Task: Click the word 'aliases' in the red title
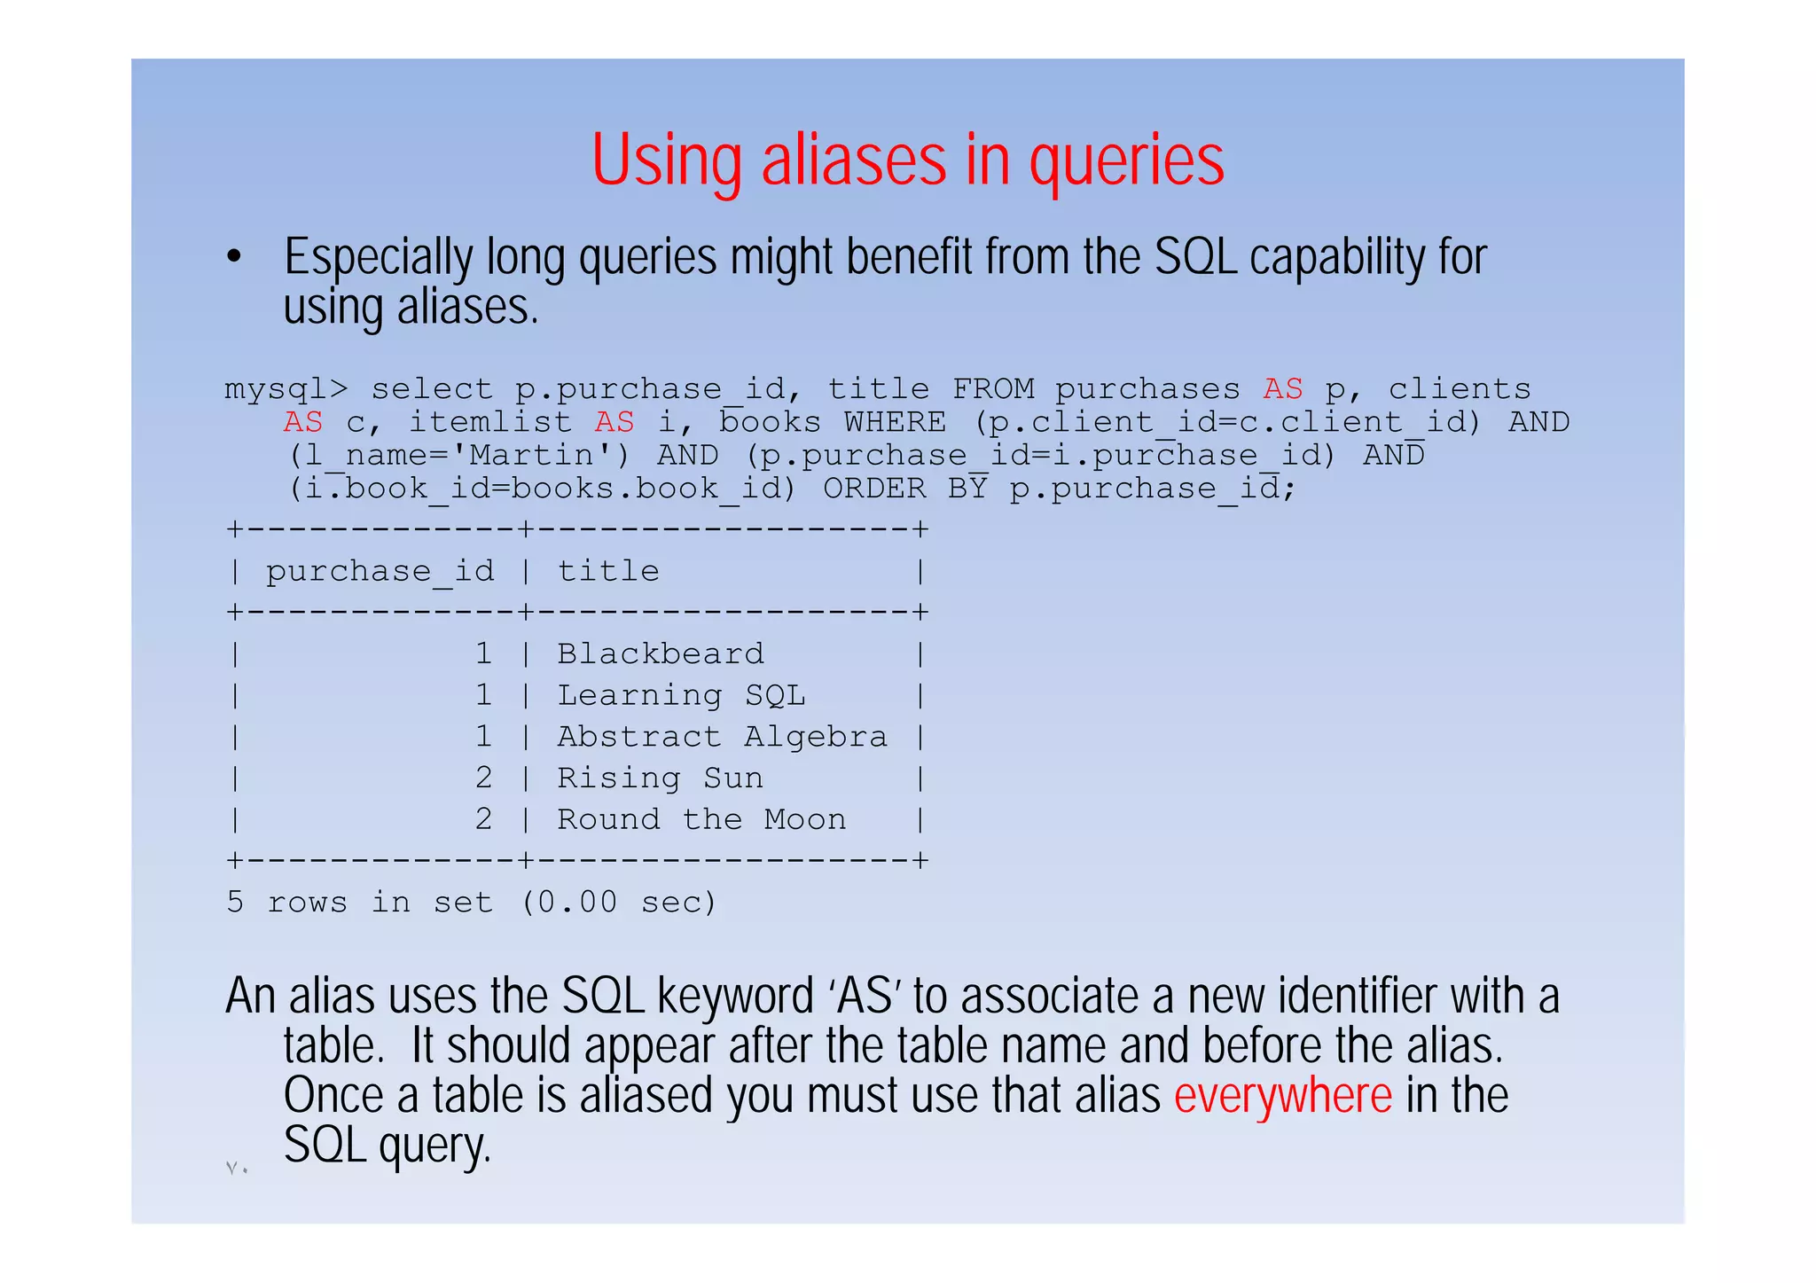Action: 853,160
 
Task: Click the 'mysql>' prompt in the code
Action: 286,389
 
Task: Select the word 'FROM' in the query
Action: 992,389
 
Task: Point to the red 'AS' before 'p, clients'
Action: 1282,389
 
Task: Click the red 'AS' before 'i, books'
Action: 614,423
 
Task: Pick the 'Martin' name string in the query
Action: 531,456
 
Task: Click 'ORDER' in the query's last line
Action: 874,489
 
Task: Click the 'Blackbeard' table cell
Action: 660,654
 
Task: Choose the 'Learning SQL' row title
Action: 681,696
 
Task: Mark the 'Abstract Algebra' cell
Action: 722,737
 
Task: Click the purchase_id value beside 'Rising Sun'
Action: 483,778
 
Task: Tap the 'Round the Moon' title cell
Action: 701,820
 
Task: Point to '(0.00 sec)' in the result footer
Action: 618,903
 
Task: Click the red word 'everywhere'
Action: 1282,1096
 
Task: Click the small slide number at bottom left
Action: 236,1169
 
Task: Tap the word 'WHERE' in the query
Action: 895,423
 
